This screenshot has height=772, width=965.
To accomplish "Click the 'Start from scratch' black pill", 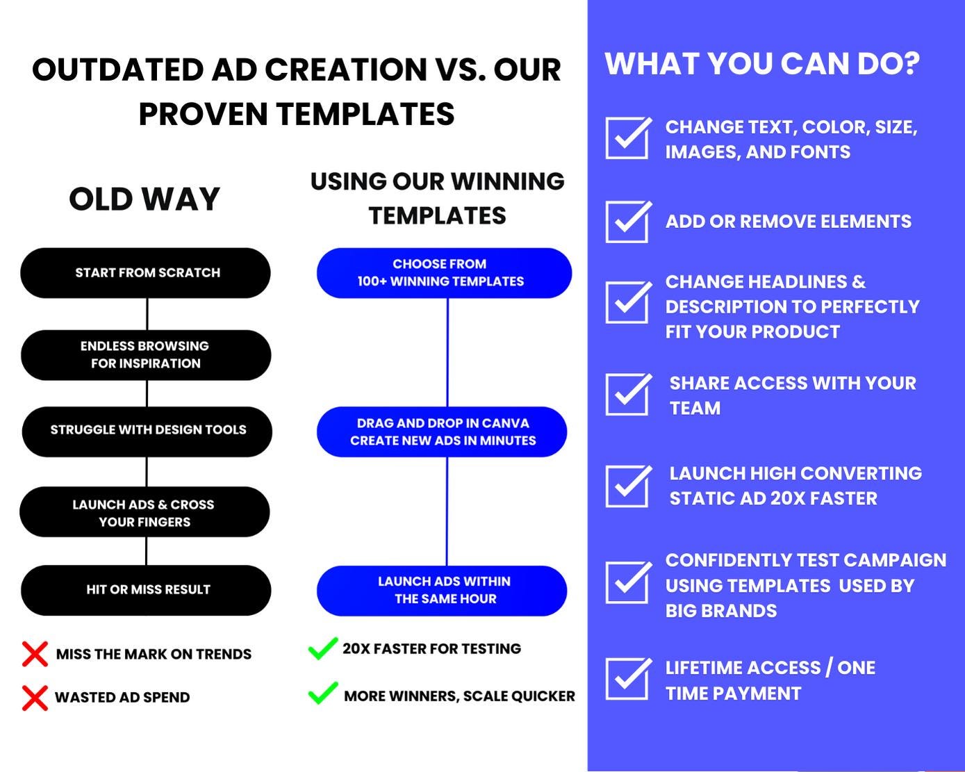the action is [145, 272].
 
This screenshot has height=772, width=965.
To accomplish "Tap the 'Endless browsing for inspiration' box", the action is [146, 355].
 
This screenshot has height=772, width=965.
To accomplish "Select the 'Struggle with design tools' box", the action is [147, 432].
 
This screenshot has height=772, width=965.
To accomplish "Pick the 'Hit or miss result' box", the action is [146, 590].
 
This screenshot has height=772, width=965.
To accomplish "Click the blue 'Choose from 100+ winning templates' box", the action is [444, 272].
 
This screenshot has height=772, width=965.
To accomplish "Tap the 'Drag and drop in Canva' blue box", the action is [442, 432].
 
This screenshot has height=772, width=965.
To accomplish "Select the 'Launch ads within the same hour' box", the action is [442, 591].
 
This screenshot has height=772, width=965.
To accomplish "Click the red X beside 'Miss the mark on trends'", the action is [35, 654].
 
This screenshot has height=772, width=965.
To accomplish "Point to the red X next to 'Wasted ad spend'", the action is [35, 698].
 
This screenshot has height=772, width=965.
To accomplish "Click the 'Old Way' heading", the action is [145, 199].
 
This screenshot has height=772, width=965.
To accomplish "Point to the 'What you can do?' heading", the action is [762, 64].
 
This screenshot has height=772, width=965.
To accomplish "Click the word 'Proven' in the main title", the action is [203, 113].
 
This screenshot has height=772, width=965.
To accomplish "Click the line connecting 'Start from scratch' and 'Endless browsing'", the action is [147, 314].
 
